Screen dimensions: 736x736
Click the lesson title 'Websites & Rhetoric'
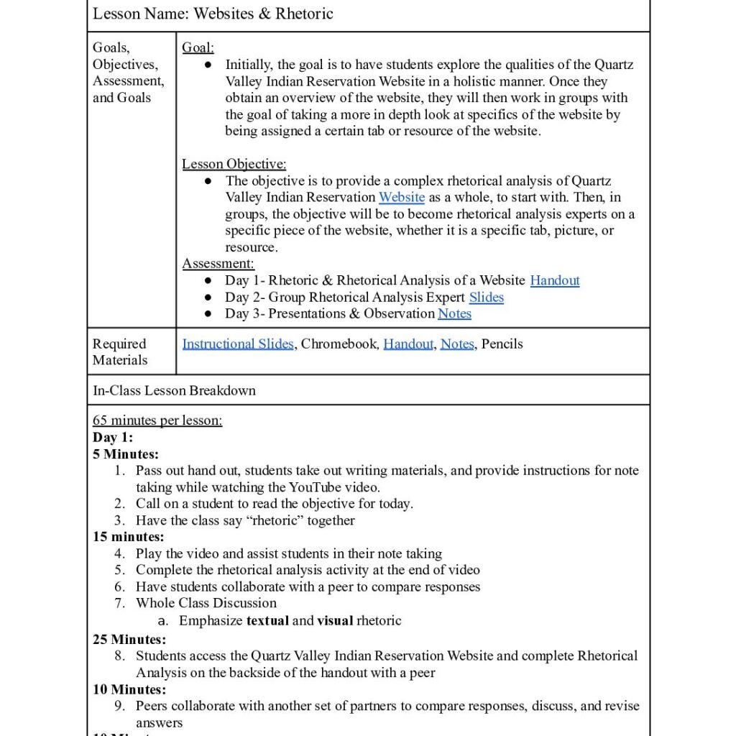(x=263, y=14)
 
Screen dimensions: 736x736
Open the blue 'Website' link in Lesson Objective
(x=402, y=197)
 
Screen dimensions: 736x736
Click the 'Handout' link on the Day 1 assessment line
(x=555, y=280)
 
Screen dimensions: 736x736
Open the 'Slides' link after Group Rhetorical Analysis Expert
(x=487, y=297)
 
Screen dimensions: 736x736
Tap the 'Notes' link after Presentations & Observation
(x=454, y=313)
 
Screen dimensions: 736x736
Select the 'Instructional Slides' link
(x=238, y=344)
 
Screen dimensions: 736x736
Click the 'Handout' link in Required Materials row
(x=408, y=344)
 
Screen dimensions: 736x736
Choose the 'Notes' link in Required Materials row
(x=457, y=344)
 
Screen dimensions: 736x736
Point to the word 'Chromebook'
(x=339, y=344)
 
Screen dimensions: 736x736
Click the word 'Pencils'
(x=502, y=344)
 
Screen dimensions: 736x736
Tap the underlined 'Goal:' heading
(x=198, y=47)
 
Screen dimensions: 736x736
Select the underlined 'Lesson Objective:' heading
(x=234, y=164)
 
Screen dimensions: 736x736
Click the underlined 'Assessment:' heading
(x=218, y=264)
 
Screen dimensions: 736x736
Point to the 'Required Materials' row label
(x=120, y=351)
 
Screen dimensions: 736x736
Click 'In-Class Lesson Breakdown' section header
(x=174, y=390)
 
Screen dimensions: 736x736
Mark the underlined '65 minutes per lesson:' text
(x=157, y=420)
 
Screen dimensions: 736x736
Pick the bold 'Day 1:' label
(x=113, y=437)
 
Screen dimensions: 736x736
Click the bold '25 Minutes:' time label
(x=129, y=639)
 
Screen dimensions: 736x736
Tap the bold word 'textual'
(x=267, y=620)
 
